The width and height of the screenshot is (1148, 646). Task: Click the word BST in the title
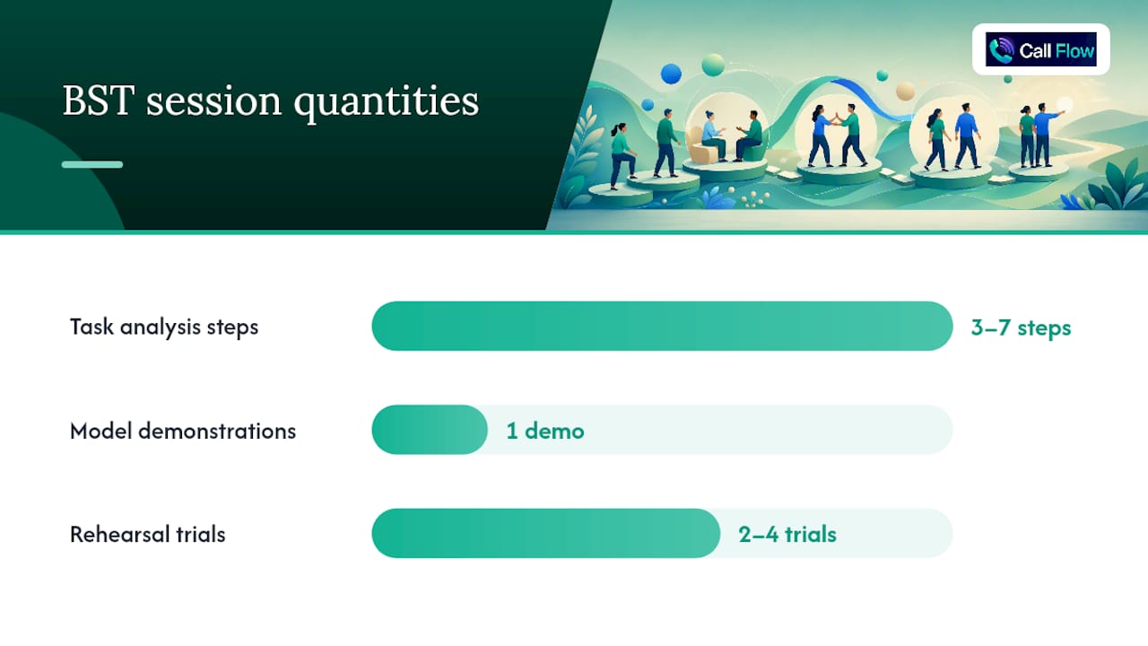click(x=99, y=100)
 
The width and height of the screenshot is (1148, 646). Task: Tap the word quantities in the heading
click(x=386, y=102)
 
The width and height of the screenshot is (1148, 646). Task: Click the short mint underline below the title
click(x=92, y=164)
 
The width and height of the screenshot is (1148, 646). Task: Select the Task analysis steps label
click(x=164, y=327)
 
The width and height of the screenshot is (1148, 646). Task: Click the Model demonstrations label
click(x=183, y=431)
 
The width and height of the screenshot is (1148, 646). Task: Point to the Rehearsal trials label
click(x=148, y=534)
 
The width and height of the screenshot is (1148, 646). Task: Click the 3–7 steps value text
click(x=1021, y=327)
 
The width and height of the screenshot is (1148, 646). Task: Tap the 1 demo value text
click(x=545, y=431)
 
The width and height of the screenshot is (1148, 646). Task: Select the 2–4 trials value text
click(x=787, y=534)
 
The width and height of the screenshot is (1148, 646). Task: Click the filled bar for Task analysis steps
click(x=662, y=326)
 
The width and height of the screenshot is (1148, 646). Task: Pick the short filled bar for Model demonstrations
click(x=430, y=430)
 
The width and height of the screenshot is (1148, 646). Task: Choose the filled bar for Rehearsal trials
click(x=546, y=533)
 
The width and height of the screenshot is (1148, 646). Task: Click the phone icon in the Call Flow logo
click(x=1001, y=49)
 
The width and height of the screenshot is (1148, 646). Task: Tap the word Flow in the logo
click(x=1075, y=51)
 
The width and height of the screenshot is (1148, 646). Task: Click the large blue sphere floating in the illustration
click(x=671, y=74)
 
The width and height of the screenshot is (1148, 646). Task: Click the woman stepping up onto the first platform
click(x=622, y=155)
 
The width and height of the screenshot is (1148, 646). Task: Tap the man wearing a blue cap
click(x=666, y=144)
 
